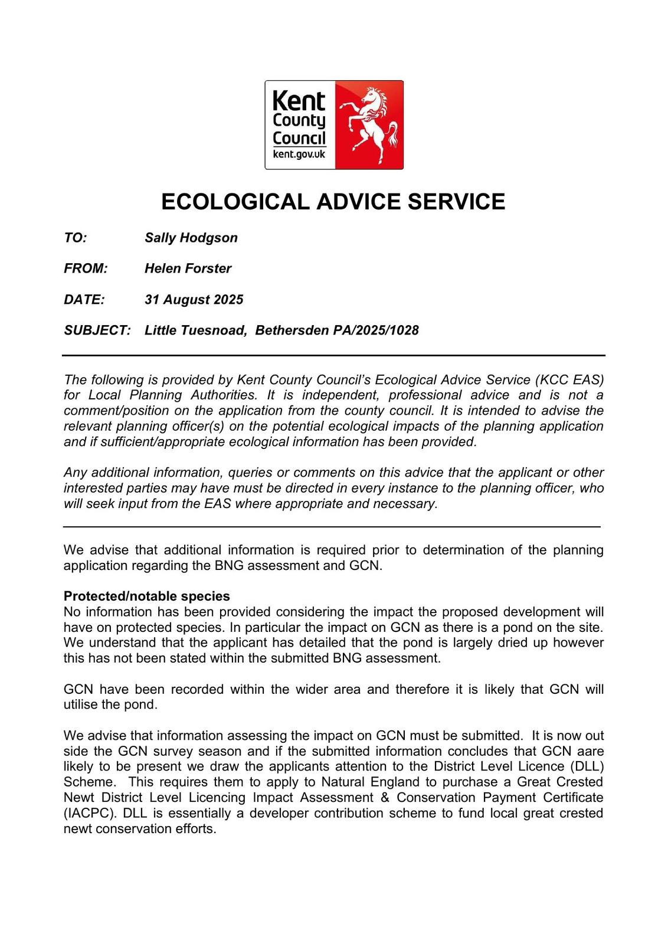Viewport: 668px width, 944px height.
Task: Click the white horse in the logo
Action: click(371, 124)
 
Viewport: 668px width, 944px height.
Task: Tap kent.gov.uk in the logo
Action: click(299, 155)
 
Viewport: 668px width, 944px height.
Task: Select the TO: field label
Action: click(76, 238)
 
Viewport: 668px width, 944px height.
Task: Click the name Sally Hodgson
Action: click(191, 238)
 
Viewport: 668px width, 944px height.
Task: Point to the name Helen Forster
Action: click(188, 268)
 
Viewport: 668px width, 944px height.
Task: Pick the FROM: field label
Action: click(86, 268)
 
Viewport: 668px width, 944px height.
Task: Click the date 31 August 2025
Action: click(194, 300)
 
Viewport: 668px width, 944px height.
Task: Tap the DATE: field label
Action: click(84, 300)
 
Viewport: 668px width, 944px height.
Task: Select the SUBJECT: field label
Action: click(97, 330)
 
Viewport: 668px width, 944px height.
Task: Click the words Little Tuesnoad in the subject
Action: click(195, 330)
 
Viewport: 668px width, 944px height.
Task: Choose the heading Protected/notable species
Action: click(147, 596)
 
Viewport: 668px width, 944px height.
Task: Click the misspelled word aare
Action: click(591, 751)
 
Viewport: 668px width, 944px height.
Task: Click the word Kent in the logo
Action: click(299, 101)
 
